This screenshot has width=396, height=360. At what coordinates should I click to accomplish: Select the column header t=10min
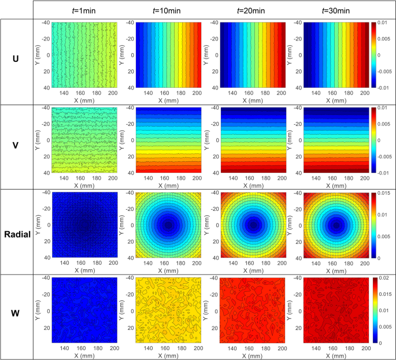point(164,10)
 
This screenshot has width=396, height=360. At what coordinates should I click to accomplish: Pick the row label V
point(16,146)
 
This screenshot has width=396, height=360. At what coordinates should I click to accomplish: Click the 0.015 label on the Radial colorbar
point(385,194)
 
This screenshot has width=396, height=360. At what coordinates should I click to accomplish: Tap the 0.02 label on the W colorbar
point(384,279)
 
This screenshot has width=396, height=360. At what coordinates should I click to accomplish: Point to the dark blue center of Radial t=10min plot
point(168,225)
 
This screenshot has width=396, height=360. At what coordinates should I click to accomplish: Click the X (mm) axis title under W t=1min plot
point(84,355)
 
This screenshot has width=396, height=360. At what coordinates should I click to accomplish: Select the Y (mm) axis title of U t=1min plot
point(38,55)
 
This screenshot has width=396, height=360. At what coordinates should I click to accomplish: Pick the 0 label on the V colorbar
point(380,140)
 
